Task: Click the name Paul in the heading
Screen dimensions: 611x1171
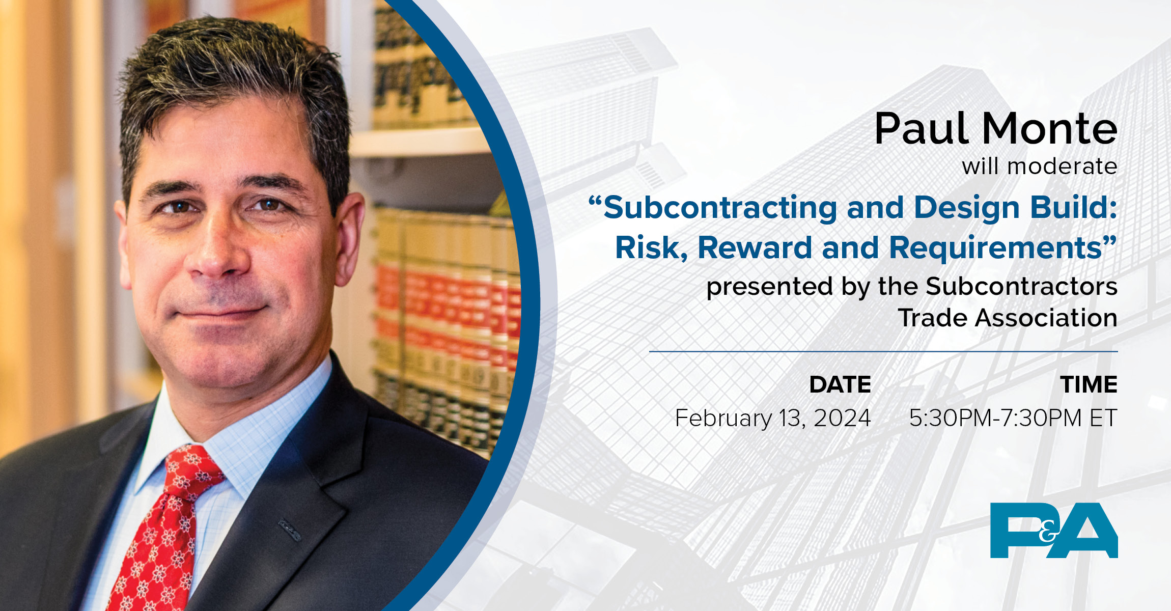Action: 922,129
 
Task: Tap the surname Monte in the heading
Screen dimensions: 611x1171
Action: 1049,129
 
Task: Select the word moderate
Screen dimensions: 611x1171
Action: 1062,166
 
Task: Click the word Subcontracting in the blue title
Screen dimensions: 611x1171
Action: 720,208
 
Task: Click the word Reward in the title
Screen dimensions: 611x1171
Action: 755,248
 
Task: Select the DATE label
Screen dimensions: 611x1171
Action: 840,384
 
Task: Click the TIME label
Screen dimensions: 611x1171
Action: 1089,384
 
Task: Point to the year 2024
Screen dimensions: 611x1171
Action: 842,418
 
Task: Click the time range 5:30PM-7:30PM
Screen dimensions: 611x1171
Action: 995,418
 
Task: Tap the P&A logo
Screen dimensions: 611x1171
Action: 1053,530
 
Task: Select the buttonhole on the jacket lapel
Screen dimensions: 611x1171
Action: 289,530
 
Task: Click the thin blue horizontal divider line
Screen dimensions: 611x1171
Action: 883,351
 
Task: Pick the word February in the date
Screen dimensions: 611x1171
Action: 723,418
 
